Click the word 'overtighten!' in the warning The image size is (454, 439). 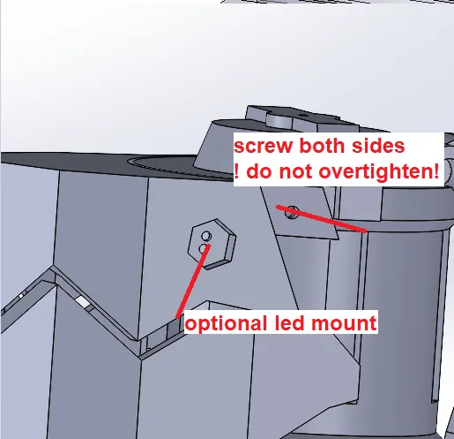pos(379,172)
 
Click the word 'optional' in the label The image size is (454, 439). pos(227,323)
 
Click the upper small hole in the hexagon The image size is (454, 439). pos(206,236)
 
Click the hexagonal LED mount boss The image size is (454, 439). pos(212,244)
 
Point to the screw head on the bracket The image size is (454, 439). pos(292,213)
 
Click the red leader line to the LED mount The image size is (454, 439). pos(192,282)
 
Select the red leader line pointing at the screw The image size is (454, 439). pos(322,219)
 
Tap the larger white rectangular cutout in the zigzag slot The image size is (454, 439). pos(82,302)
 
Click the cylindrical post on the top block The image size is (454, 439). pos(279,121)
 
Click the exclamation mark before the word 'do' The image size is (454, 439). pos(237,172)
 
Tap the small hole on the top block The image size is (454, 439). pos(302,115)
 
